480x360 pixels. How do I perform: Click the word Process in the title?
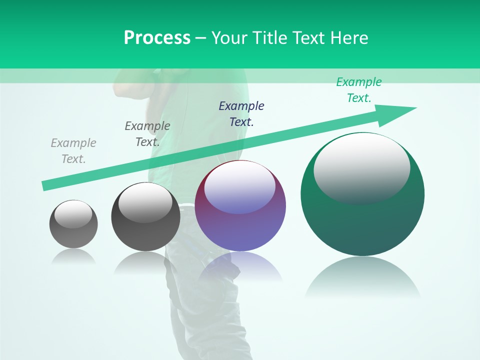(157, 38)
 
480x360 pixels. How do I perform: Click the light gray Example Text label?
(73, 151)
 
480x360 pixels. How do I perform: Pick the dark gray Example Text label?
(147, 134)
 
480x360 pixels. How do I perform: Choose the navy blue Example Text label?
(241, 113)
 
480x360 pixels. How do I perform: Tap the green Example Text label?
(359, 90)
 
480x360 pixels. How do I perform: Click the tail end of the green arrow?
(44, 186)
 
